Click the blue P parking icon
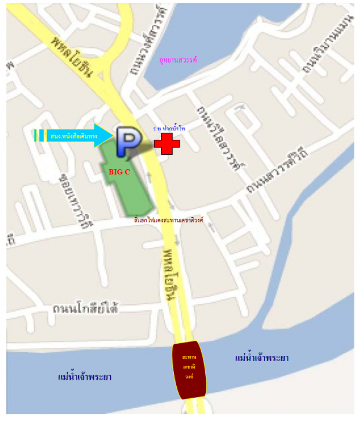(x=125, y=141)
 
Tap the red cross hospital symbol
(x=166, y=143)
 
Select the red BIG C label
(x=119, y=172)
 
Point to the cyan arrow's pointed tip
(x=110, y=136)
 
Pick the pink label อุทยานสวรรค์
(x=182, y=59)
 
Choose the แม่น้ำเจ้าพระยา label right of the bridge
(x=262, y=358)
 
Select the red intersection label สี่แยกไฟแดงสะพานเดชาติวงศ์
(x=168, y=221)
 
